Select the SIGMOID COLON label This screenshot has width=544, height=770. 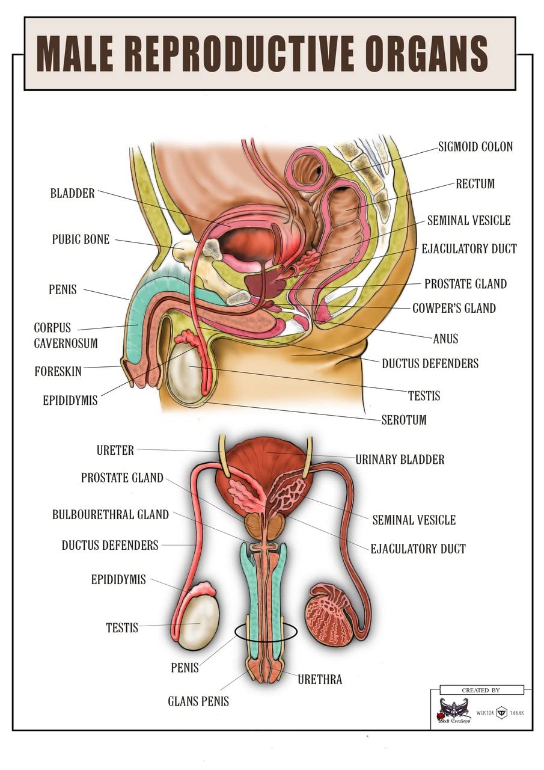(x=475, y=147)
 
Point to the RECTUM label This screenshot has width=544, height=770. (x=475, y=183)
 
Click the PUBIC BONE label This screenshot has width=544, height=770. (x=81, y=239)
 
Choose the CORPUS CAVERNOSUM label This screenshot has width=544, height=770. (x=65, y=335)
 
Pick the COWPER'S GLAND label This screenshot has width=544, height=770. (x=454, y=309)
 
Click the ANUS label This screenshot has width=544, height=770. (x=445, y=339)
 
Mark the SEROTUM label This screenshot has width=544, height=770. (x=404, y=420)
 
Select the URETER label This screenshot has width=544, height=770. (x=115, y=450)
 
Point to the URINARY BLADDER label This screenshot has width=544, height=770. (x=400, y=460)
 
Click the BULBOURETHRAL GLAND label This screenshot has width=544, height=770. (x=111, y=515)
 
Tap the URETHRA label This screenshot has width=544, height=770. (x=320, y=680)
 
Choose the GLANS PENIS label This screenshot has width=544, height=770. (x=198, y=701)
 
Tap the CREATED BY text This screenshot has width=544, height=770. (x=480, y=690)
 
